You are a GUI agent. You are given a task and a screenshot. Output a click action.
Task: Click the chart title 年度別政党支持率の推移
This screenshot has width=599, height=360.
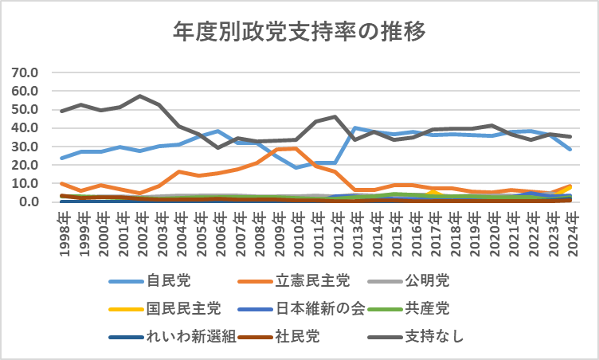tap(299, 32)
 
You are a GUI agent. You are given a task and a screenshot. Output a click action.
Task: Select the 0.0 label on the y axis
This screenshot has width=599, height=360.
tap(29, 202)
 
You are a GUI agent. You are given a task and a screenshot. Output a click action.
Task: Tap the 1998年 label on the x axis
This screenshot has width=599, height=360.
tap(63, 231)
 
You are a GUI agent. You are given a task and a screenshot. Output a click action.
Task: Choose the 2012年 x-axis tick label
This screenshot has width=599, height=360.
tap(335, 231)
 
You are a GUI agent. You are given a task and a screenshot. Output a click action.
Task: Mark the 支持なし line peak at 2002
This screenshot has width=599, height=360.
tap(140, 96)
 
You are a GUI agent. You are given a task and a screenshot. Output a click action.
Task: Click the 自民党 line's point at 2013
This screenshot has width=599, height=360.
tap(354, 127)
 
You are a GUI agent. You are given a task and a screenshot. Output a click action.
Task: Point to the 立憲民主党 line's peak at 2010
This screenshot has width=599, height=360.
tap(296, 148)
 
